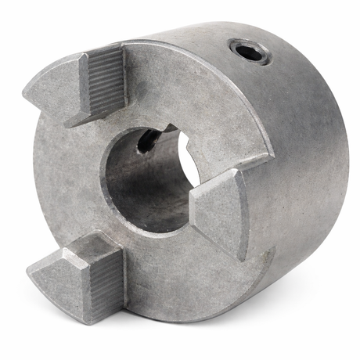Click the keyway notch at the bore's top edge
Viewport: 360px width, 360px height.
166,128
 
